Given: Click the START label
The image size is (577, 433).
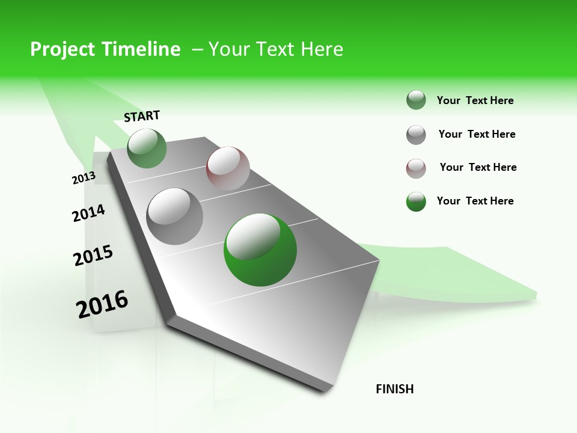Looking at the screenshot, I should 142,115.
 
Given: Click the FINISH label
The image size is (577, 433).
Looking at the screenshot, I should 395,389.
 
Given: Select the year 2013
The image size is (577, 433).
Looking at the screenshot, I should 84,178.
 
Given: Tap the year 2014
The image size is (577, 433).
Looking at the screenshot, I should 88,213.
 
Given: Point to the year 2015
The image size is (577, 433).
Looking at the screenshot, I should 93,256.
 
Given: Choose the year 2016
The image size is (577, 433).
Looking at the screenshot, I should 102,304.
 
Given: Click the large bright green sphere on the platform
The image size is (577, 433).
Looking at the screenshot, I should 260,250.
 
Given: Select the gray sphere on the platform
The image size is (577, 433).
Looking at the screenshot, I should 175,216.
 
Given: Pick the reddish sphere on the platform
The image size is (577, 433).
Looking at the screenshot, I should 228,168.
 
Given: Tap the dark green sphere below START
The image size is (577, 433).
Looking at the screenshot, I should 147,148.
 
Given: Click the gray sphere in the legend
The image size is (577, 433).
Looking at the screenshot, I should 416,135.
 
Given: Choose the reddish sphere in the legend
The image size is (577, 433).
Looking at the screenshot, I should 416,168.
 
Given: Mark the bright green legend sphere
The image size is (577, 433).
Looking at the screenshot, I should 416,201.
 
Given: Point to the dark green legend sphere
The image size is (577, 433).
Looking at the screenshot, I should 416,100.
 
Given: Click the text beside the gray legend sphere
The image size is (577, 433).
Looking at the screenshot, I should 477,134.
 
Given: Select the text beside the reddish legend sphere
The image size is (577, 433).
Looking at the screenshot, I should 478,167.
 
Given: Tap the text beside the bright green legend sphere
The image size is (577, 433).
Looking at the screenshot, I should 475,201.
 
